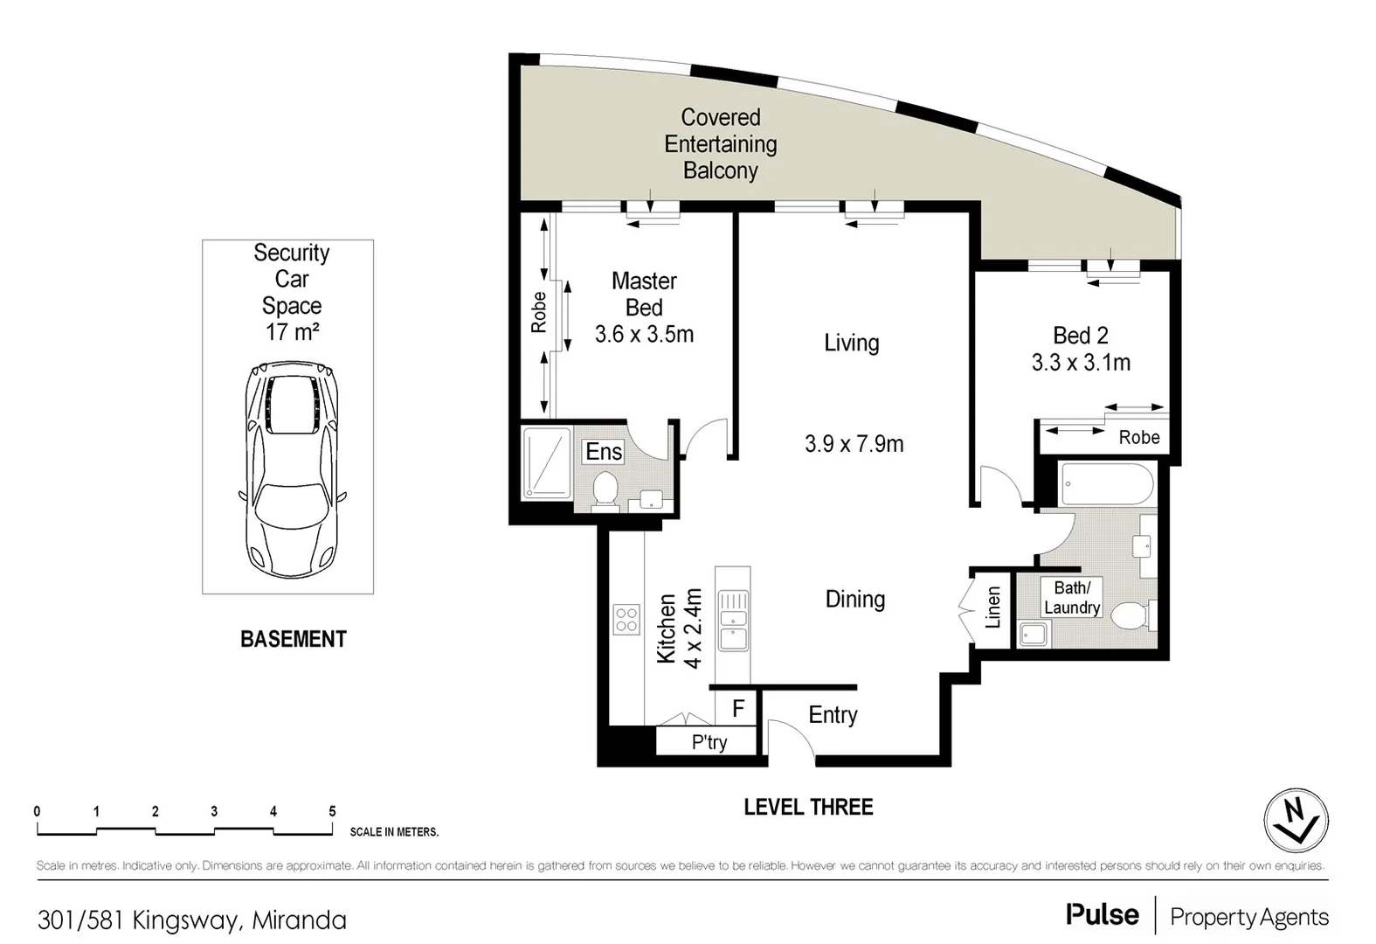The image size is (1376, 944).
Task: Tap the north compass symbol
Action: click(1296, 821)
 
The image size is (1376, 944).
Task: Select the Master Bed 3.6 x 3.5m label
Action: click(644, 308)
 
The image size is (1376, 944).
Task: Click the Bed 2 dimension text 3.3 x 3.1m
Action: click(1081, 363)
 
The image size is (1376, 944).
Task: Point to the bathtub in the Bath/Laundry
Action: click(1106, 484)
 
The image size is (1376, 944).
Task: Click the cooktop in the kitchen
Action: click(626, 620)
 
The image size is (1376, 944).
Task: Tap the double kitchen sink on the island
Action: click(733, 620)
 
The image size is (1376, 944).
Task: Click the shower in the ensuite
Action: click(547, 463)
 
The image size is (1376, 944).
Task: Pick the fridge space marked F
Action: click(738, 708)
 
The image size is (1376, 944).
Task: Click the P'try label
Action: click(709, 742)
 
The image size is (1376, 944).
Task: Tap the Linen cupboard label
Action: click(992, 607)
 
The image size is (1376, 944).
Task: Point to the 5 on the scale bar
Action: click(332, 811)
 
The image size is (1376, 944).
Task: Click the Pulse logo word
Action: click(1102, 915)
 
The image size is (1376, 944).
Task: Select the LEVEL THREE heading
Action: click(808, 807)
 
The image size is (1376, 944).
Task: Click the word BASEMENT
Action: click(293, 639)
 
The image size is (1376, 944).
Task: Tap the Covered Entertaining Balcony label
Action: click(720, 143)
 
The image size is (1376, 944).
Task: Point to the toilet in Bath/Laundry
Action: click(1131, 614)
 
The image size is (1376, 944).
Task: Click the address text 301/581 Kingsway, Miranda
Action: click(192, 920)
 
